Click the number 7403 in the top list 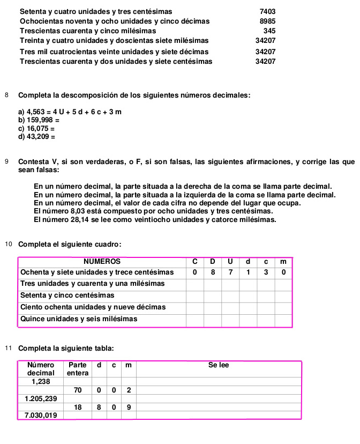coord(267,11)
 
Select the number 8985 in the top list coord(267,21)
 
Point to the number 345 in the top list coord(269,31)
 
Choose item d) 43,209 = coord(36,137)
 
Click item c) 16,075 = coord(36,129)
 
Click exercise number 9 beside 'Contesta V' coord(6,161)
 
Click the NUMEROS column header coord(102,262)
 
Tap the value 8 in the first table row coord(213,272)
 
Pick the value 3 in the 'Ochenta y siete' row coord(266,272)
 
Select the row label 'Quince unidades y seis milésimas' coord(79,319)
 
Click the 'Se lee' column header coord(219,365)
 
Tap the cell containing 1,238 coord(41,381)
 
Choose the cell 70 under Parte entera coord(78,390)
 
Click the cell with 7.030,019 coord(41,416)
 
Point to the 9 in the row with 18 coord(129,407)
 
